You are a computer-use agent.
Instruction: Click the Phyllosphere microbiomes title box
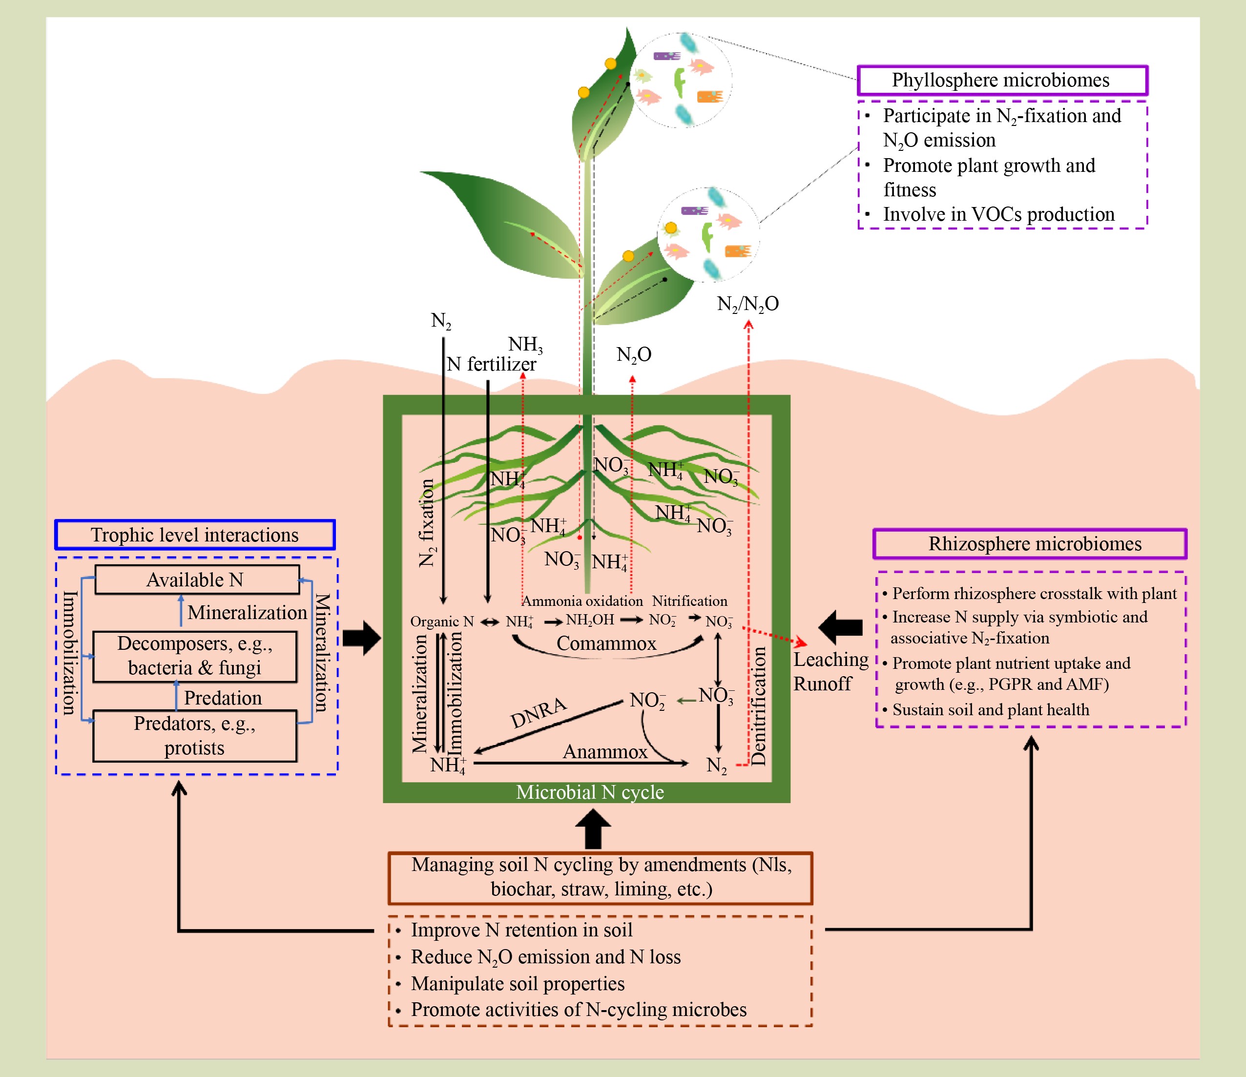click(1002, 80)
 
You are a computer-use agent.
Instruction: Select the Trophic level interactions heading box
click(195, 535)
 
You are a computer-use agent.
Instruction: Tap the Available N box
click(197, 580)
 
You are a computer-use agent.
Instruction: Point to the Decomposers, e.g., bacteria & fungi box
click(195, 656)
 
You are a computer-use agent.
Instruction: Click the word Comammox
click(606, 643)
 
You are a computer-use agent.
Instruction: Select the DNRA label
click(538, 713)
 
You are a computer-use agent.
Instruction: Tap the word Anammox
click(605, 752)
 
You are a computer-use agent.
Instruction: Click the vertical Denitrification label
click(759, 706)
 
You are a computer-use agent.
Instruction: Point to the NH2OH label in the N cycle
click(590, 620)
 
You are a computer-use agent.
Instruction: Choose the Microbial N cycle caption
click(590, 792)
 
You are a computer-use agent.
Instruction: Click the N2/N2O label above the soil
click(748, 304)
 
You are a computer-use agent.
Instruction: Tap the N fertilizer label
click(491, 364)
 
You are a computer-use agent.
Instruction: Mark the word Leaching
click(831, 660)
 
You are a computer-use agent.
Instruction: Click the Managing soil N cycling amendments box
click(600, 877)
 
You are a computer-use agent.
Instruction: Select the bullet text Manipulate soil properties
click(518, 983)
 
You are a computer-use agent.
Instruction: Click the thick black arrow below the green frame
click(593, 828)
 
